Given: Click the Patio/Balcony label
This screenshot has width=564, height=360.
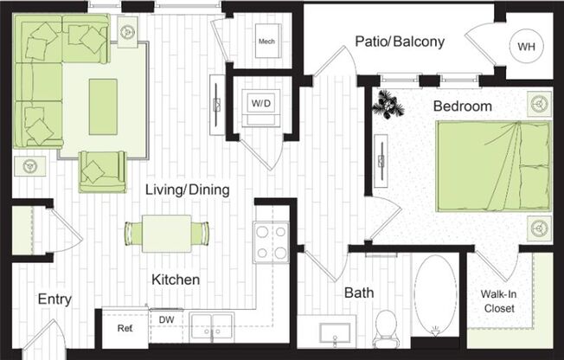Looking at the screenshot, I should point(400,42).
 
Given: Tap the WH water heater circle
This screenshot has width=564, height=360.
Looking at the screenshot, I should point(526,47).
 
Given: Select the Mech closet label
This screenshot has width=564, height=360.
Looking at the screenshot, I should point(266,41).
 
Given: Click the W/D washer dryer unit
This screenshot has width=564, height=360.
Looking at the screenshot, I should point(260,104).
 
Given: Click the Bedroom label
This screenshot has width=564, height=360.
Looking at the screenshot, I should point(463,106).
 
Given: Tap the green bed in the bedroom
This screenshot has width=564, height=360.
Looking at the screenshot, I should point(493,165).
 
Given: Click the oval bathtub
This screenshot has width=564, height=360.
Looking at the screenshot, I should point(434,294).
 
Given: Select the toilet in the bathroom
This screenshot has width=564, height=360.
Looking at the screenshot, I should point(386,326).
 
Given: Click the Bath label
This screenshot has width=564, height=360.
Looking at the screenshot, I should point(359,293).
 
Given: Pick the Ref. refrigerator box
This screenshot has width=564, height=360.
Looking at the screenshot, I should point(125,328).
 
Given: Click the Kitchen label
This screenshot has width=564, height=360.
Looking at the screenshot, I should point(176,280).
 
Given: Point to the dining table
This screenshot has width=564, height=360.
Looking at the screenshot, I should point(167,233).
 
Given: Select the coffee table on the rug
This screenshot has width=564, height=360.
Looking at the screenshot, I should point(103,106).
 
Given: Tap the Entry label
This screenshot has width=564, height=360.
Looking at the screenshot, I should point(54,299).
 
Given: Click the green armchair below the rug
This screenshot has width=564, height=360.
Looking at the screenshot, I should point(102,170).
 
